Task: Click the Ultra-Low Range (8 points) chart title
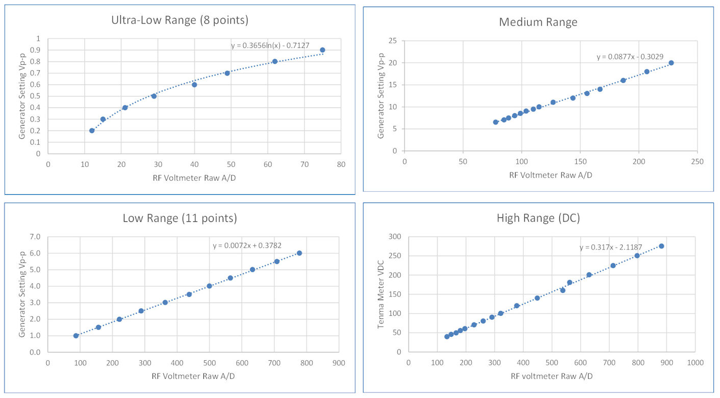(x=179, y=20)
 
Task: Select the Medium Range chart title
(x=538, y=22)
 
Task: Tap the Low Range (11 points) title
(x=179, y=218)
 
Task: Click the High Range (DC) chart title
(x=538, y=218)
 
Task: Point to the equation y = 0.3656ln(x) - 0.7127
(x=270, y=45)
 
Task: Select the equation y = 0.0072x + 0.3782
(x=252, y=245)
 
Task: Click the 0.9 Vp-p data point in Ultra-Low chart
(x=322, y=50)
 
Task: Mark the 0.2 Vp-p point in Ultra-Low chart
(x=92, y=131)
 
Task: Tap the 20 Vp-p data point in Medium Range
(x=671, y=63)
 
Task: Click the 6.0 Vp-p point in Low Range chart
(x=299, y=253)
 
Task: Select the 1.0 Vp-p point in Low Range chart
(x=76, y=336)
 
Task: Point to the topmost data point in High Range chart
(x=661, y=246)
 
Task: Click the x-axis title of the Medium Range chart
(x=550, y=175)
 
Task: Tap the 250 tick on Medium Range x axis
(x=697, y=162)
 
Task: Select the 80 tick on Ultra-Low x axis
(x=341, y=164)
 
